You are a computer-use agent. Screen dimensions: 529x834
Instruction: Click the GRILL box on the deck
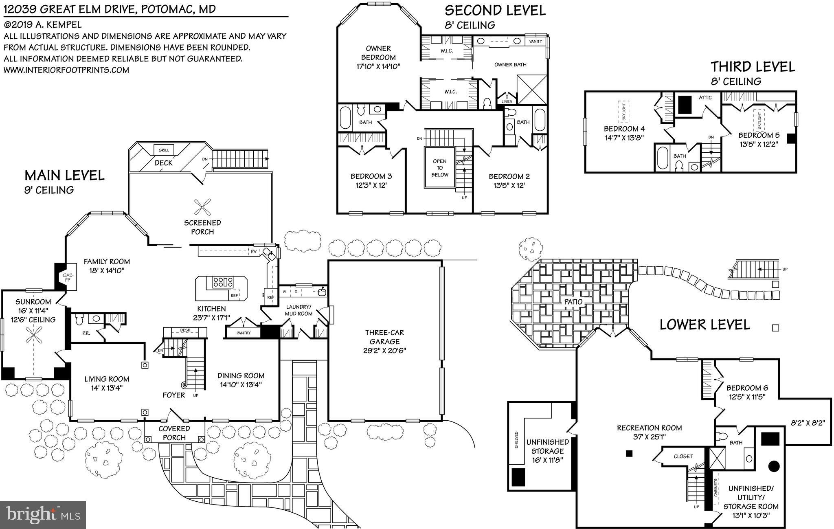tap(164, 150)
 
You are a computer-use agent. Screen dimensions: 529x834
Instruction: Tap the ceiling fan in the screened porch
tap(202, 207)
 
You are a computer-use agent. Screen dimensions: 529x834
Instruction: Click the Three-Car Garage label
tap(384, 341)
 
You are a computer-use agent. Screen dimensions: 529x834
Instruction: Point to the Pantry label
tap(244, 333)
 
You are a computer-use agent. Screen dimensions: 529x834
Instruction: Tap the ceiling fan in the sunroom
tap(33, 336)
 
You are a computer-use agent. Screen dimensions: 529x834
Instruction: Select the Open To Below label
tap(440, 168)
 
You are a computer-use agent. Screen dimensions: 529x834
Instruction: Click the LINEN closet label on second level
tap(507, 101)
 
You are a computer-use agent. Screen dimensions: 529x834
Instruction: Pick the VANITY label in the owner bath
tap(536, 42)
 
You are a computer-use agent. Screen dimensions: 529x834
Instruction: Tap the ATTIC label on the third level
tap(705, 98)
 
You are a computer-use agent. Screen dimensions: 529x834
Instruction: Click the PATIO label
tap(573, 302)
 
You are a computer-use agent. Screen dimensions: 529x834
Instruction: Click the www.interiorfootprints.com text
tap(66, 70)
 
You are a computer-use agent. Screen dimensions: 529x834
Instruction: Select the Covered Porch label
tap(174, 433)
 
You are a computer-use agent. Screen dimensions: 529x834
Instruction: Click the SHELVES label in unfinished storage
tap(517, 440)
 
